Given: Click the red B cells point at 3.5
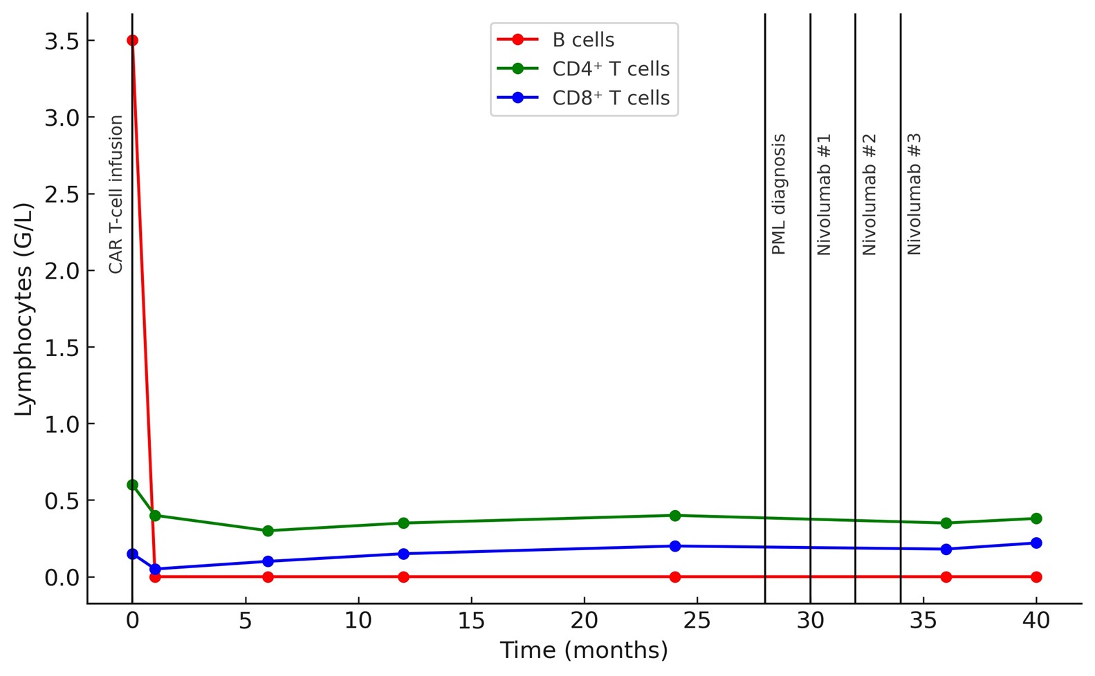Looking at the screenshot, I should [x=132, y=41].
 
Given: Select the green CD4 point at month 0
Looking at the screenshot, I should [x=132, y=485].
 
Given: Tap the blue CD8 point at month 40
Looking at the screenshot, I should [x=1036, y=543].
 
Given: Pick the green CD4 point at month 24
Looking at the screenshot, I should [x=674, y=516].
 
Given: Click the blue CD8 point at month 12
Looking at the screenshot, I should [x=403, y=554].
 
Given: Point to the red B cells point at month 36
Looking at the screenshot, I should [x=946, y=576].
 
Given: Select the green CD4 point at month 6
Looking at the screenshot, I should [x=268, y=531].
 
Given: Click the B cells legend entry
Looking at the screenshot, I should [x=582, y=40].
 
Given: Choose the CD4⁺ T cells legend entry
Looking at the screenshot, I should [x=610, y=69].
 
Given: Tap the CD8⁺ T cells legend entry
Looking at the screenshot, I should [x=610, y=98].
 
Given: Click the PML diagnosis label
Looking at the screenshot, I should [x=779, y=194].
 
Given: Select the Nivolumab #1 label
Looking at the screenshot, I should [x=824, y=194].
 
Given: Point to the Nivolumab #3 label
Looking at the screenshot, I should [x=914, y=194].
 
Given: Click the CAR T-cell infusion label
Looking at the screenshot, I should [x=116, y=194].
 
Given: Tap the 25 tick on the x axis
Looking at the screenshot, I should [x=697, y=621].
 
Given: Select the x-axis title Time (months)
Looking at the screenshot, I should [x=584, y=650].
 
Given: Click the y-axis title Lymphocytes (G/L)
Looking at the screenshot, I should [x=24, y=309].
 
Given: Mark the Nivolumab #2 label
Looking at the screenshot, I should [x=869, y=194].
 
